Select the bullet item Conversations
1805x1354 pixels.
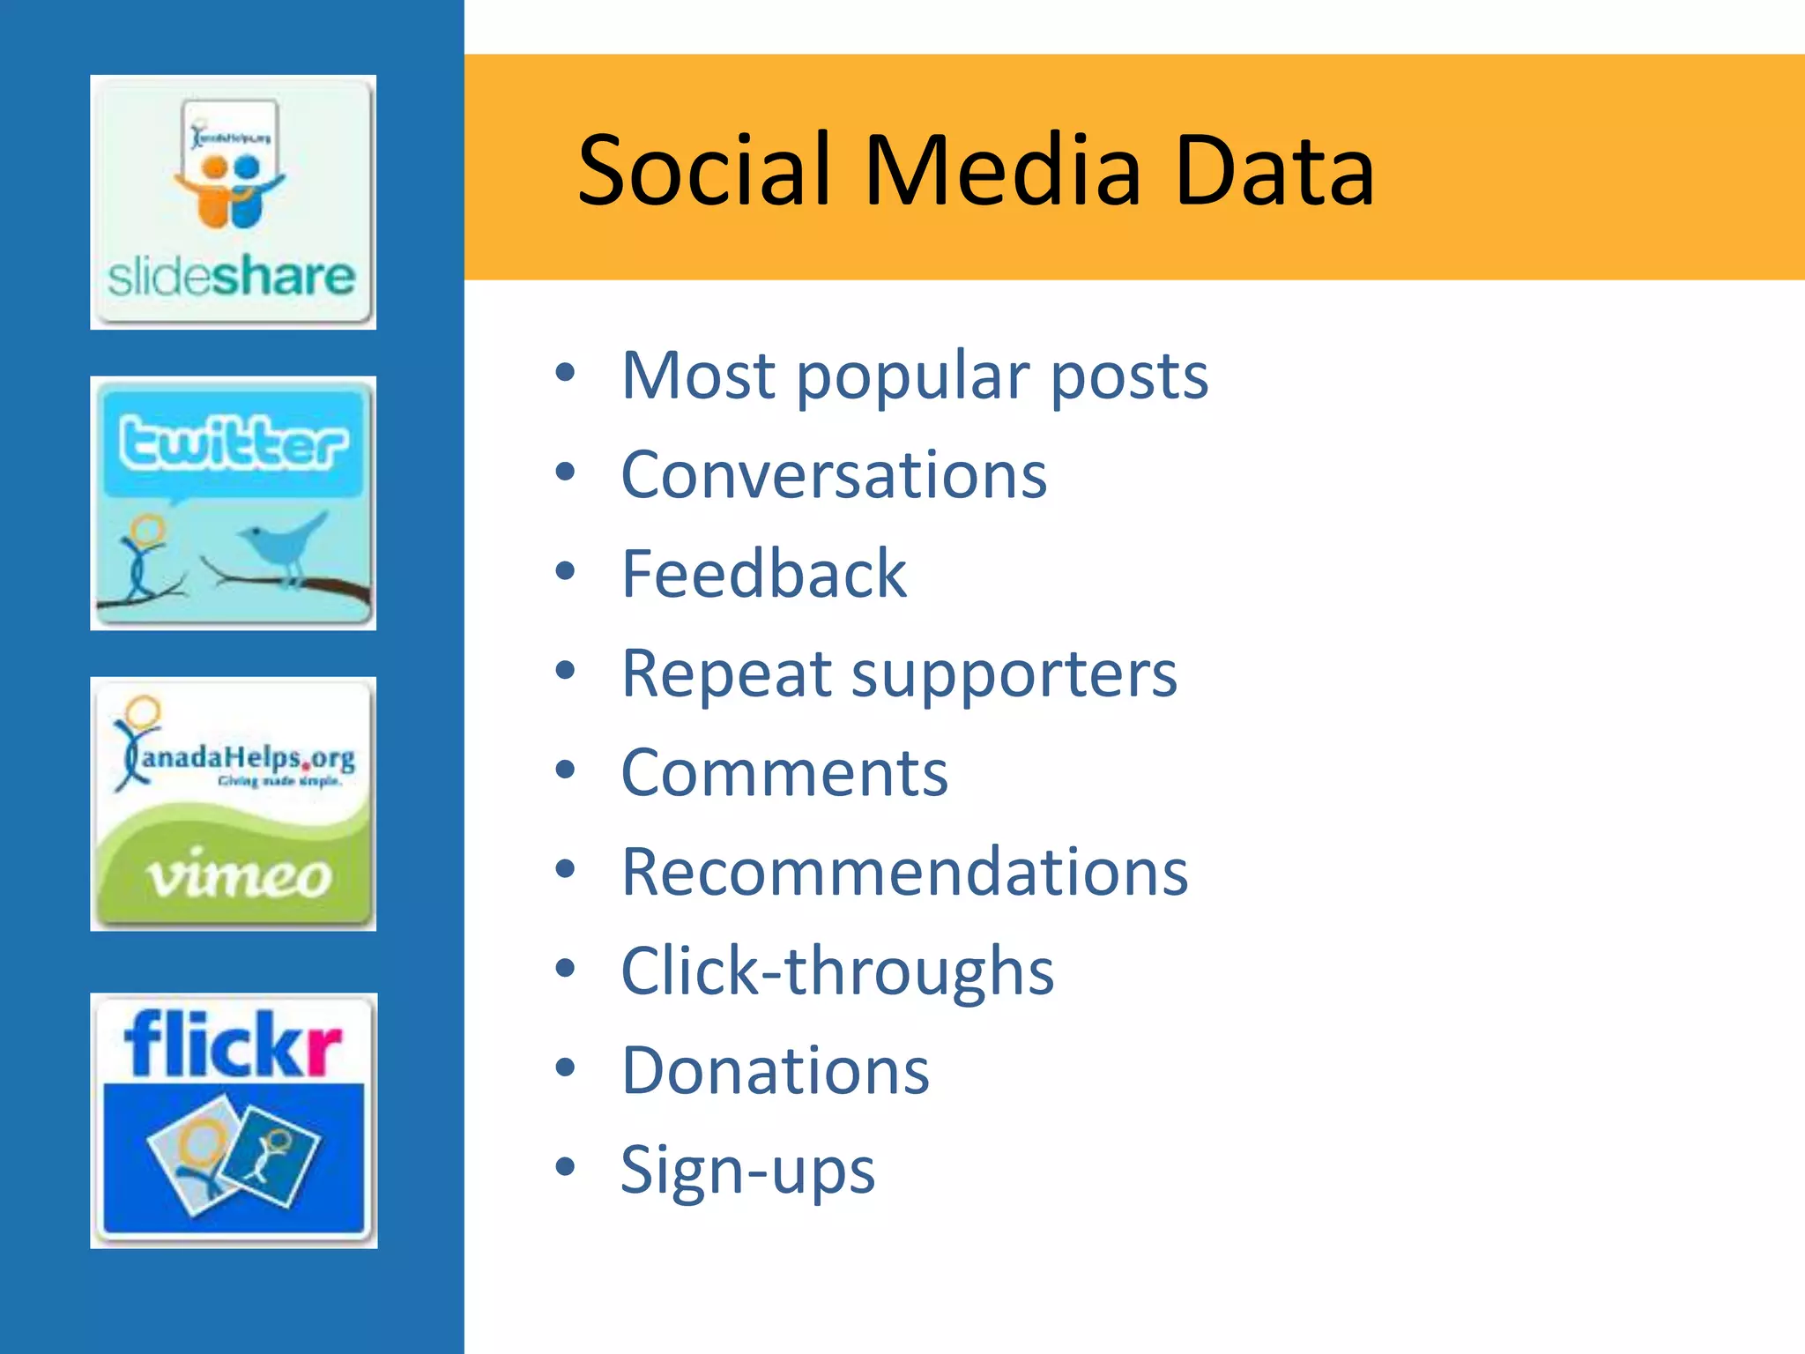click(834, 475)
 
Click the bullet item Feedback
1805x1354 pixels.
click(763, 575)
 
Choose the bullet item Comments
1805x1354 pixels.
click(784, 773)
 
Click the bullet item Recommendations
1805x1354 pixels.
click(904, 873)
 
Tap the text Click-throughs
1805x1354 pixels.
click(837, 971)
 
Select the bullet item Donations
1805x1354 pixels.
click(775, 1071)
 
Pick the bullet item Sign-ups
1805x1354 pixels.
click(747, 1172)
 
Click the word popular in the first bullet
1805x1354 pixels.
click(913, 377)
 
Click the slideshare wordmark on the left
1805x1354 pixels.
click(231, 277)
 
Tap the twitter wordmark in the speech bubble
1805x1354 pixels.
click(233, 442)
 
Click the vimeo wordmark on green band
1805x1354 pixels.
click(238, 876)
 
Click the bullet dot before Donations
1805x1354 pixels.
click(565, 1068)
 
